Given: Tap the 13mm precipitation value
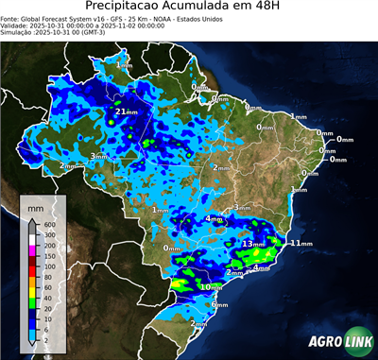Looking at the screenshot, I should pyautogui.click(x=254, y=244).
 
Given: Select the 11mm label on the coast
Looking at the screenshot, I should pyautogui.click(x=301, y=243).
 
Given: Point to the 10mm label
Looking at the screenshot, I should pyautogui.click(x=212, y=286).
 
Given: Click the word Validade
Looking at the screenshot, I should pyautogui.click(x=17, y=26).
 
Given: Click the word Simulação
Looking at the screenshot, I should pyautogui.click(x=18, y=34).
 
